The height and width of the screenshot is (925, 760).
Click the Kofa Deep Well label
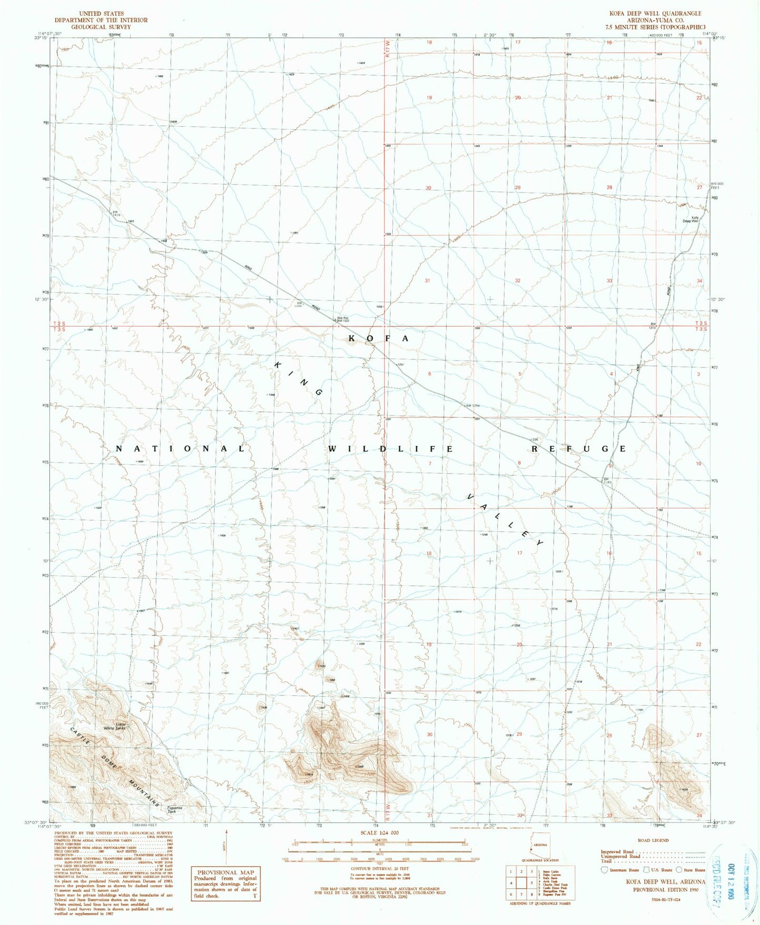click(690, 219)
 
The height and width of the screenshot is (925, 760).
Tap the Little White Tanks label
click(115, 727)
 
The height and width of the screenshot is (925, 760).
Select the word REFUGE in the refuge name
click(579, 449)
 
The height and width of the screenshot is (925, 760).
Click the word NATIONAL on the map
click(180, 449)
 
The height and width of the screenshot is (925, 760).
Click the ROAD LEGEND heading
click(653, 840)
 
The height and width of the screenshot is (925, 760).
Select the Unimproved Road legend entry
click(621, 857)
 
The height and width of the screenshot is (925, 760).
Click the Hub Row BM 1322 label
click(342, 319)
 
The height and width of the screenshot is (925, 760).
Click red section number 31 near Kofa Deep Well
click(427, 281)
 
